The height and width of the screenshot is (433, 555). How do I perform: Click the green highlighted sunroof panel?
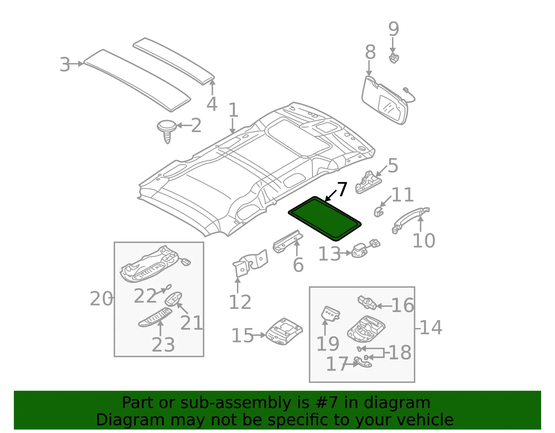pos(325,219)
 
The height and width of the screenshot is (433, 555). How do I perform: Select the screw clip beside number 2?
pos(167,131)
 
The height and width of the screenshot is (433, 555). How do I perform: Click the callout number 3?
pos(65,64)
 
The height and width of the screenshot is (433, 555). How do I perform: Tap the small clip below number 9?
pos(394,59)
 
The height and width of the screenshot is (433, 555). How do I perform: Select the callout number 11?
pos(402,195)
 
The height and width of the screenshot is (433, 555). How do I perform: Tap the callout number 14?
pos(431,327)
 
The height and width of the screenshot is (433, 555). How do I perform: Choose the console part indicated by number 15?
pos(284,331)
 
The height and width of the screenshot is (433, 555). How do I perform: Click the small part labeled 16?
pos(367,303)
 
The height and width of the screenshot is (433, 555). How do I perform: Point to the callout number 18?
pos(400,353)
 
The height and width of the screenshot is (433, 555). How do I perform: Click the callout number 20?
pos(101,299)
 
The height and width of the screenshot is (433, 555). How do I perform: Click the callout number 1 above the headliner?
pos(233,110)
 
